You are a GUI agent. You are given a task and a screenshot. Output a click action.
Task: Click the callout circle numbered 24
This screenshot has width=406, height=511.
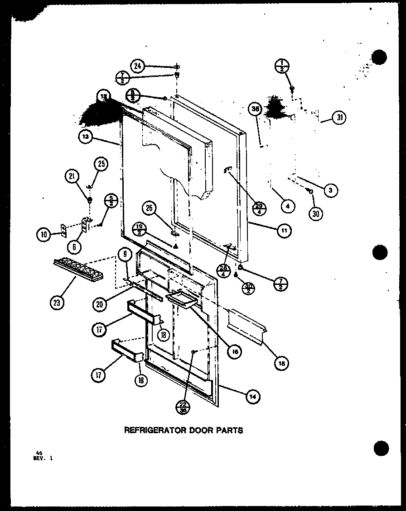(x=138, y=66)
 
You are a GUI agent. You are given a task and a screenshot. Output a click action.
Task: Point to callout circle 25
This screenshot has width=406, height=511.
(x=101, y=165)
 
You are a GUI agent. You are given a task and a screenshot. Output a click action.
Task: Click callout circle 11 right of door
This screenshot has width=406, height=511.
(x=284, y=230)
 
